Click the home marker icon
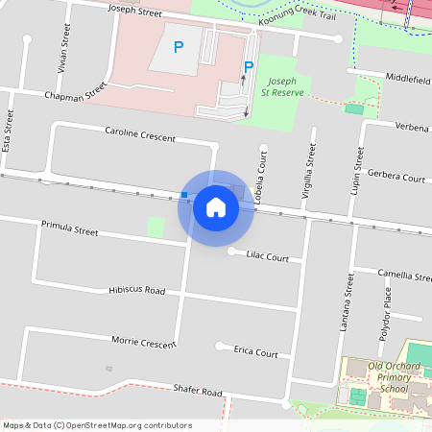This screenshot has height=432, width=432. (216, 207)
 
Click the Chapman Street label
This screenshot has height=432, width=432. (75, 94)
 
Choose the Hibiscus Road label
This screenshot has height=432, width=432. (136, 290)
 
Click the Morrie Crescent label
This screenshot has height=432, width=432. (144, 342)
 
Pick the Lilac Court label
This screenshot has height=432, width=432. (267, 257)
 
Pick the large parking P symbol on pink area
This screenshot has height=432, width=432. (178, 46)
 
